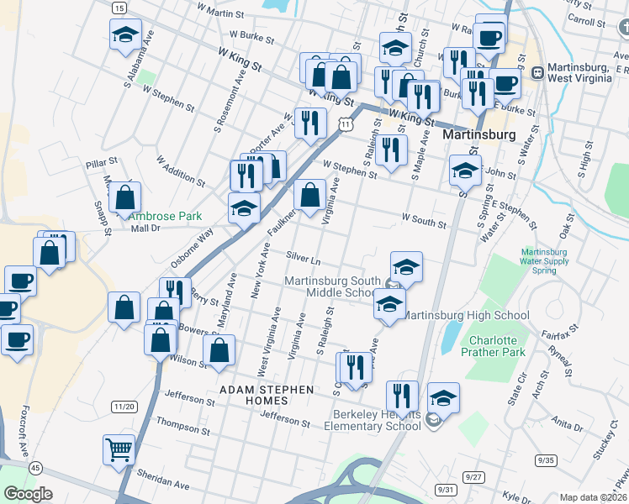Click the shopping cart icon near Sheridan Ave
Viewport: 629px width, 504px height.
tap(119, 449)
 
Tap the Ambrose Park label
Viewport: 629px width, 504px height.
tap(166, 216)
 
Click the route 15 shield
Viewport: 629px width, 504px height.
tap(119, 8)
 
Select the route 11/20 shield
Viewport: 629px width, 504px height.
tap(123, 407)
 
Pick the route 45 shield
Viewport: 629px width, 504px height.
tap(34, 467)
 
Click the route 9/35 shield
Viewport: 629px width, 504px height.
tap(546, 460)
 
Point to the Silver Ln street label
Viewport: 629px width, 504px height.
tap(304, 255)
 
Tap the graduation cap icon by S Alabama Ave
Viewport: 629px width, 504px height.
tap(125, 35)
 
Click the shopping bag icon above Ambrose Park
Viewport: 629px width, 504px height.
tap(125, 198)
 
